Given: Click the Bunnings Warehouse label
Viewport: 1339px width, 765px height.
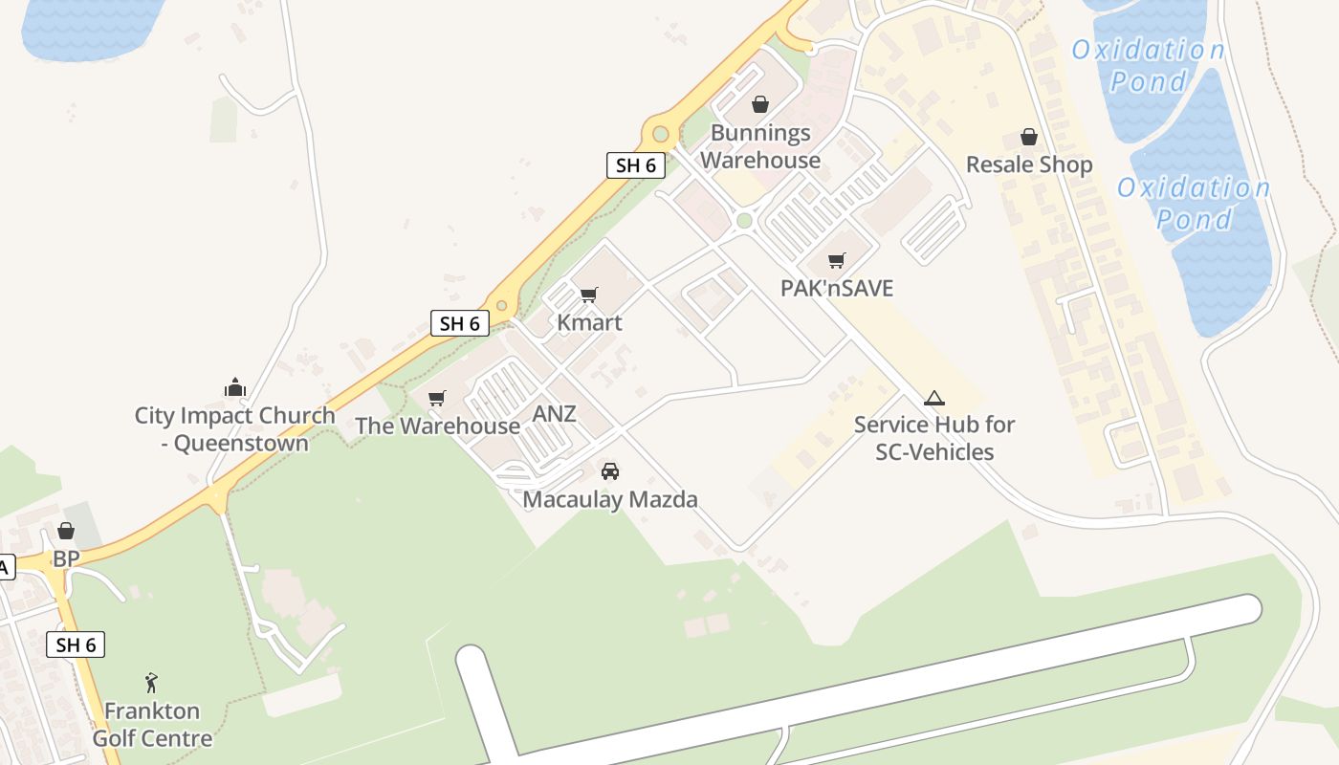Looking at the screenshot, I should pyautogui.click(x=760, y=146).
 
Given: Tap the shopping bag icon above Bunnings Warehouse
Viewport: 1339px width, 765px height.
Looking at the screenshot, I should pyautogui.click(x=759, y=104).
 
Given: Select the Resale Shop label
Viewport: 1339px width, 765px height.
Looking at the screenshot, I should pyautogui.click(x=1028, y=164).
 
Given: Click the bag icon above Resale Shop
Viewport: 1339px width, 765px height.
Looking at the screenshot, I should pyautogui.click(x=1028, y=138).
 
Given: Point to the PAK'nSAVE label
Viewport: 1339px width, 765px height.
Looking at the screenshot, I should pyautogui.click(x=836, y=288).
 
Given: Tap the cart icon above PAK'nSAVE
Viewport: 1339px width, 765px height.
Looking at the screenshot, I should pyautogui.click(x=836, y=260).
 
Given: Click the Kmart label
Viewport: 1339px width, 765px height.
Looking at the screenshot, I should pyautogui.click(x=589, y=322).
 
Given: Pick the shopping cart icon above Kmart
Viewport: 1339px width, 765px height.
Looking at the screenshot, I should pyautogui.click(x=588, y=295).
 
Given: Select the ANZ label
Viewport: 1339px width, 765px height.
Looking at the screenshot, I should pyautogui.click(x=555, y=414).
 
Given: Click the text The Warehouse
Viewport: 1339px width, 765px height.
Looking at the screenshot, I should pyautogui.click(x=437, y=426).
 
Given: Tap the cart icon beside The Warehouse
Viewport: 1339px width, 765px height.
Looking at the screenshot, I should pyautogui.click(x=437, y=398).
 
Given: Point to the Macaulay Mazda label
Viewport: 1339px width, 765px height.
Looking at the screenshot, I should pyautogui.click(x=609, y=499).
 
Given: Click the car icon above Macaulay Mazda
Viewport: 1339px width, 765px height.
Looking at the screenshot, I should pyautogui.click(x=609, y=471).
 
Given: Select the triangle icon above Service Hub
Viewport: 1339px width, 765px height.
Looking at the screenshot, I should pyautogui.click(x=933, y=399).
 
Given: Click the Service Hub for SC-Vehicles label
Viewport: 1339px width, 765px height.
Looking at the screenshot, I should pyautogui.click(x=934, y=438).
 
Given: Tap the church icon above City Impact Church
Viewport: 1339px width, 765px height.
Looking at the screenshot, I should pyautogui.click(x=235, y=387).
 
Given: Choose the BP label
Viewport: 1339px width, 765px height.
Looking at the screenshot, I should pyautogui.click(x=66, y=558).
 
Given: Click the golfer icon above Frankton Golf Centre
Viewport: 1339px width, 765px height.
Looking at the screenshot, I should pyautogui.click(x=151, y=683).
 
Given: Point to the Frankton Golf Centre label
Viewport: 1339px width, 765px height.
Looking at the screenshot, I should pyautogui.click(x=152, y=725).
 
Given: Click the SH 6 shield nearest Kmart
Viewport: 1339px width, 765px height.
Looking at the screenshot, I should pyautogui.click(x=459, y=323).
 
